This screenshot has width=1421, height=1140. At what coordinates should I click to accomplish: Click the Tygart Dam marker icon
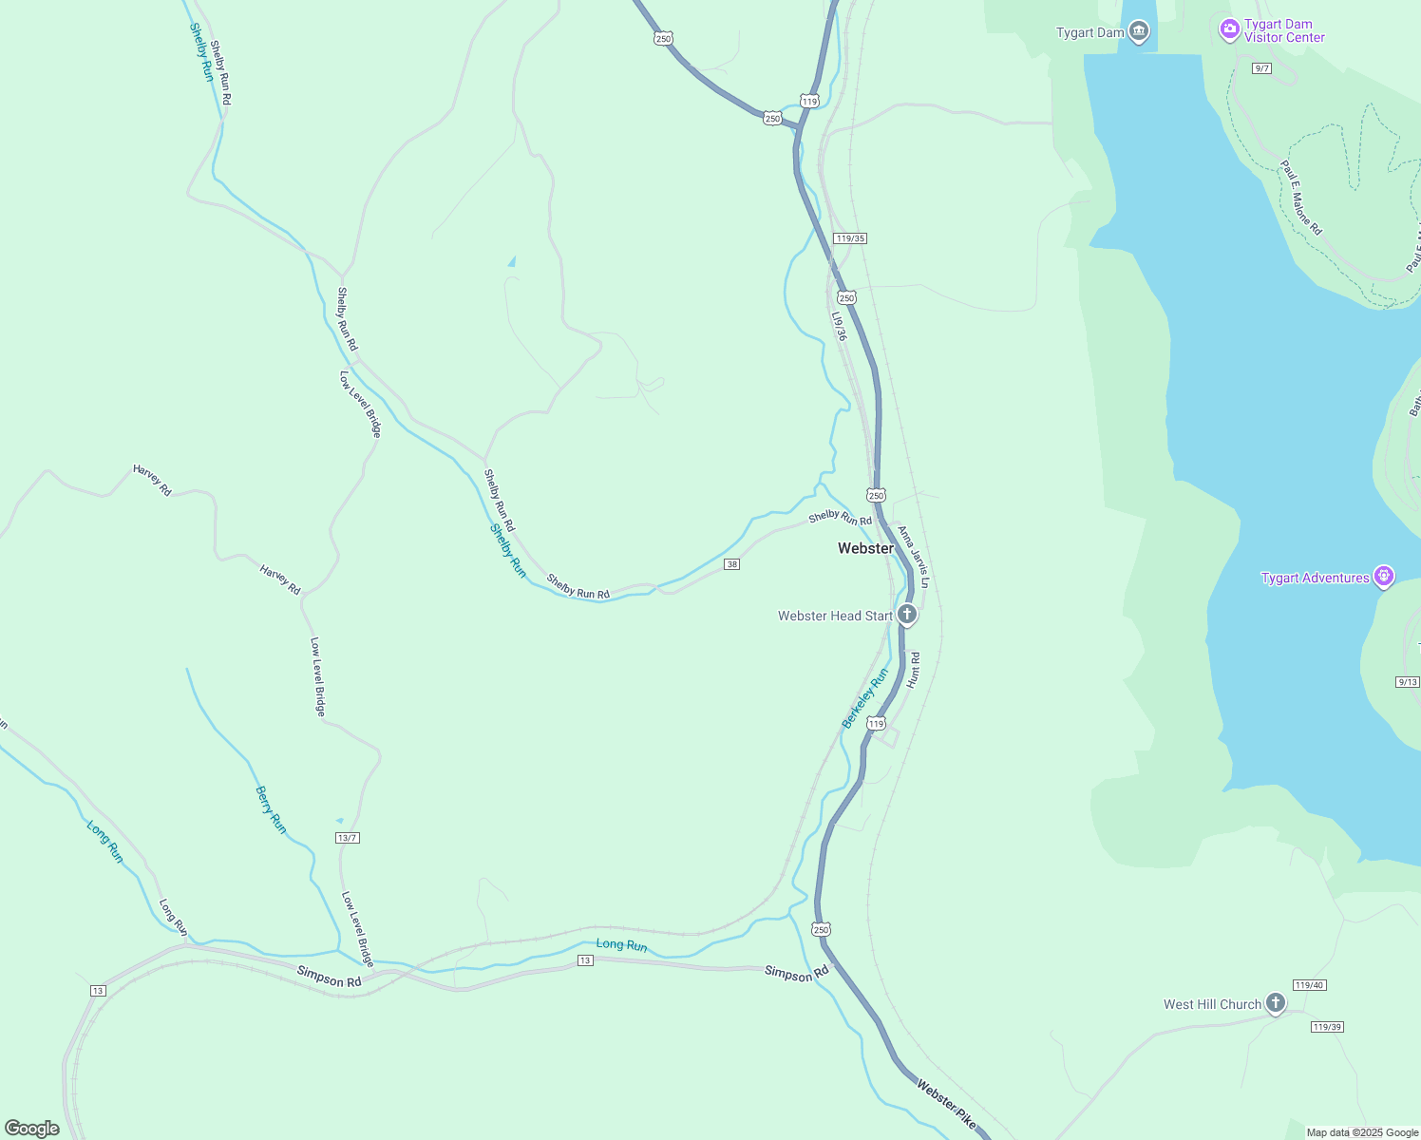click(1139, 32)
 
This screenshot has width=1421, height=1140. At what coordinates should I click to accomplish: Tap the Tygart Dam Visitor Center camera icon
click(1230, 30)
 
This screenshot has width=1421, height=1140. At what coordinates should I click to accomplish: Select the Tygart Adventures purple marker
click(1384, 577)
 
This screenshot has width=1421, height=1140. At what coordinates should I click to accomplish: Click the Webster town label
click(865, 548)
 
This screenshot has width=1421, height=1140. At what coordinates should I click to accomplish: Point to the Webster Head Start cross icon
click(907, 615)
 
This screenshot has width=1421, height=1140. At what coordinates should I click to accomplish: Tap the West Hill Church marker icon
click(1275, 1003)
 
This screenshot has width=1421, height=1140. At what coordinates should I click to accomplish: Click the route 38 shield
click(731, 564)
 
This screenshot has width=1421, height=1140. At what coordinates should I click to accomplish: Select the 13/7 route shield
click(348, 838)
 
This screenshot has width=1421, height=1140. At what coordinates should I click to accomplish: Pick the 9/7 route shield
click(1261, 68)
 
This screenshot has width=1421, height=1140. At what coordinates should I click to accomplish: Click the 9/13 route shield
click(1408, 682)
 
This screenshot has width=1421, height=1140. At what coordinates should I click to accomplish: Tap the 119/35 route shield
click(849, 238)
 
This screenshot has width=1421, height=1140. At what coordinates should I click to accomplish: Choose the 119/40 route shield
click(1308, 985)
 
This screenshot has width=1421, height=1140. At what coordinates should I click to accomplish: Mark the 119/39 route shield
click(1327, 1027)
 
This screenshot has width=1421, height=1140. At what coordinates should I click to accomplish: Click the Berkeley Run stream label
click(865, 698)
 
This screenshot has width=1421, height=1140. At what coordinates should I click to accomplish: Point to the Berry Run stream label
click(271, 809)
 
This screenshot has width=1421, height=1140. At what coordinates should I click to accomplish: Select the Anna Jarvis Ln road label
click(914, 557)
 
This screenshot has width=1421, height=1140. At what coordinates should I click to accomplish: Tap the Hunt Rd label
click(914, 670)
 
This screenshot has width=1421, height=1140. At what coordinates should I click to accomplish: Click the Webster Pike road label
click(946, 1104)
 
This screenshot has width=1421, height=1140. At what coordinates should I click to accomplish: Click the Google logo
click(32, 1129)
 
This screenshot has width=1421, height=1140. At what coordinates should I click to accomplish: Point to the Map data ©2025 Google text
click(1362, 1132)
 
